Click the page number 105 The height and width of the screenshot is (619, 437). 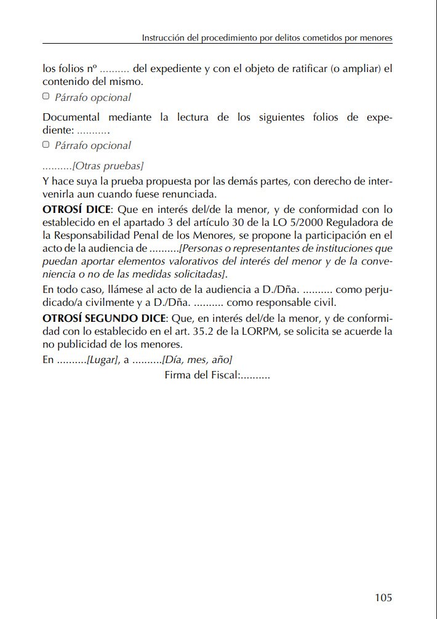click(383, 597)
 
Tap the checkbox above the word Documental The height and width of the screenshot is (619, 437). click(46, 97)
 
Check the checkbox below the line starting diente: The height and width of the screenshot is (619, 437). click(46, 145)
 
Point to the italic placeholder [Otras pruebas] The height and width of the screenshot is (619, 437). click(108, 166)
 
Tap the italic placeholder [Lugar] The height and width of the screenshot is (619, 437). click(102, 360)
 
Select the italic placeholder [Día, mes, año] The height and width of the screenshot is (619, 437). click(197, 360)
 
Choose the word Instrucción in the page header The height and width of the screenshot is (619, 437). click(162, 38)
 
